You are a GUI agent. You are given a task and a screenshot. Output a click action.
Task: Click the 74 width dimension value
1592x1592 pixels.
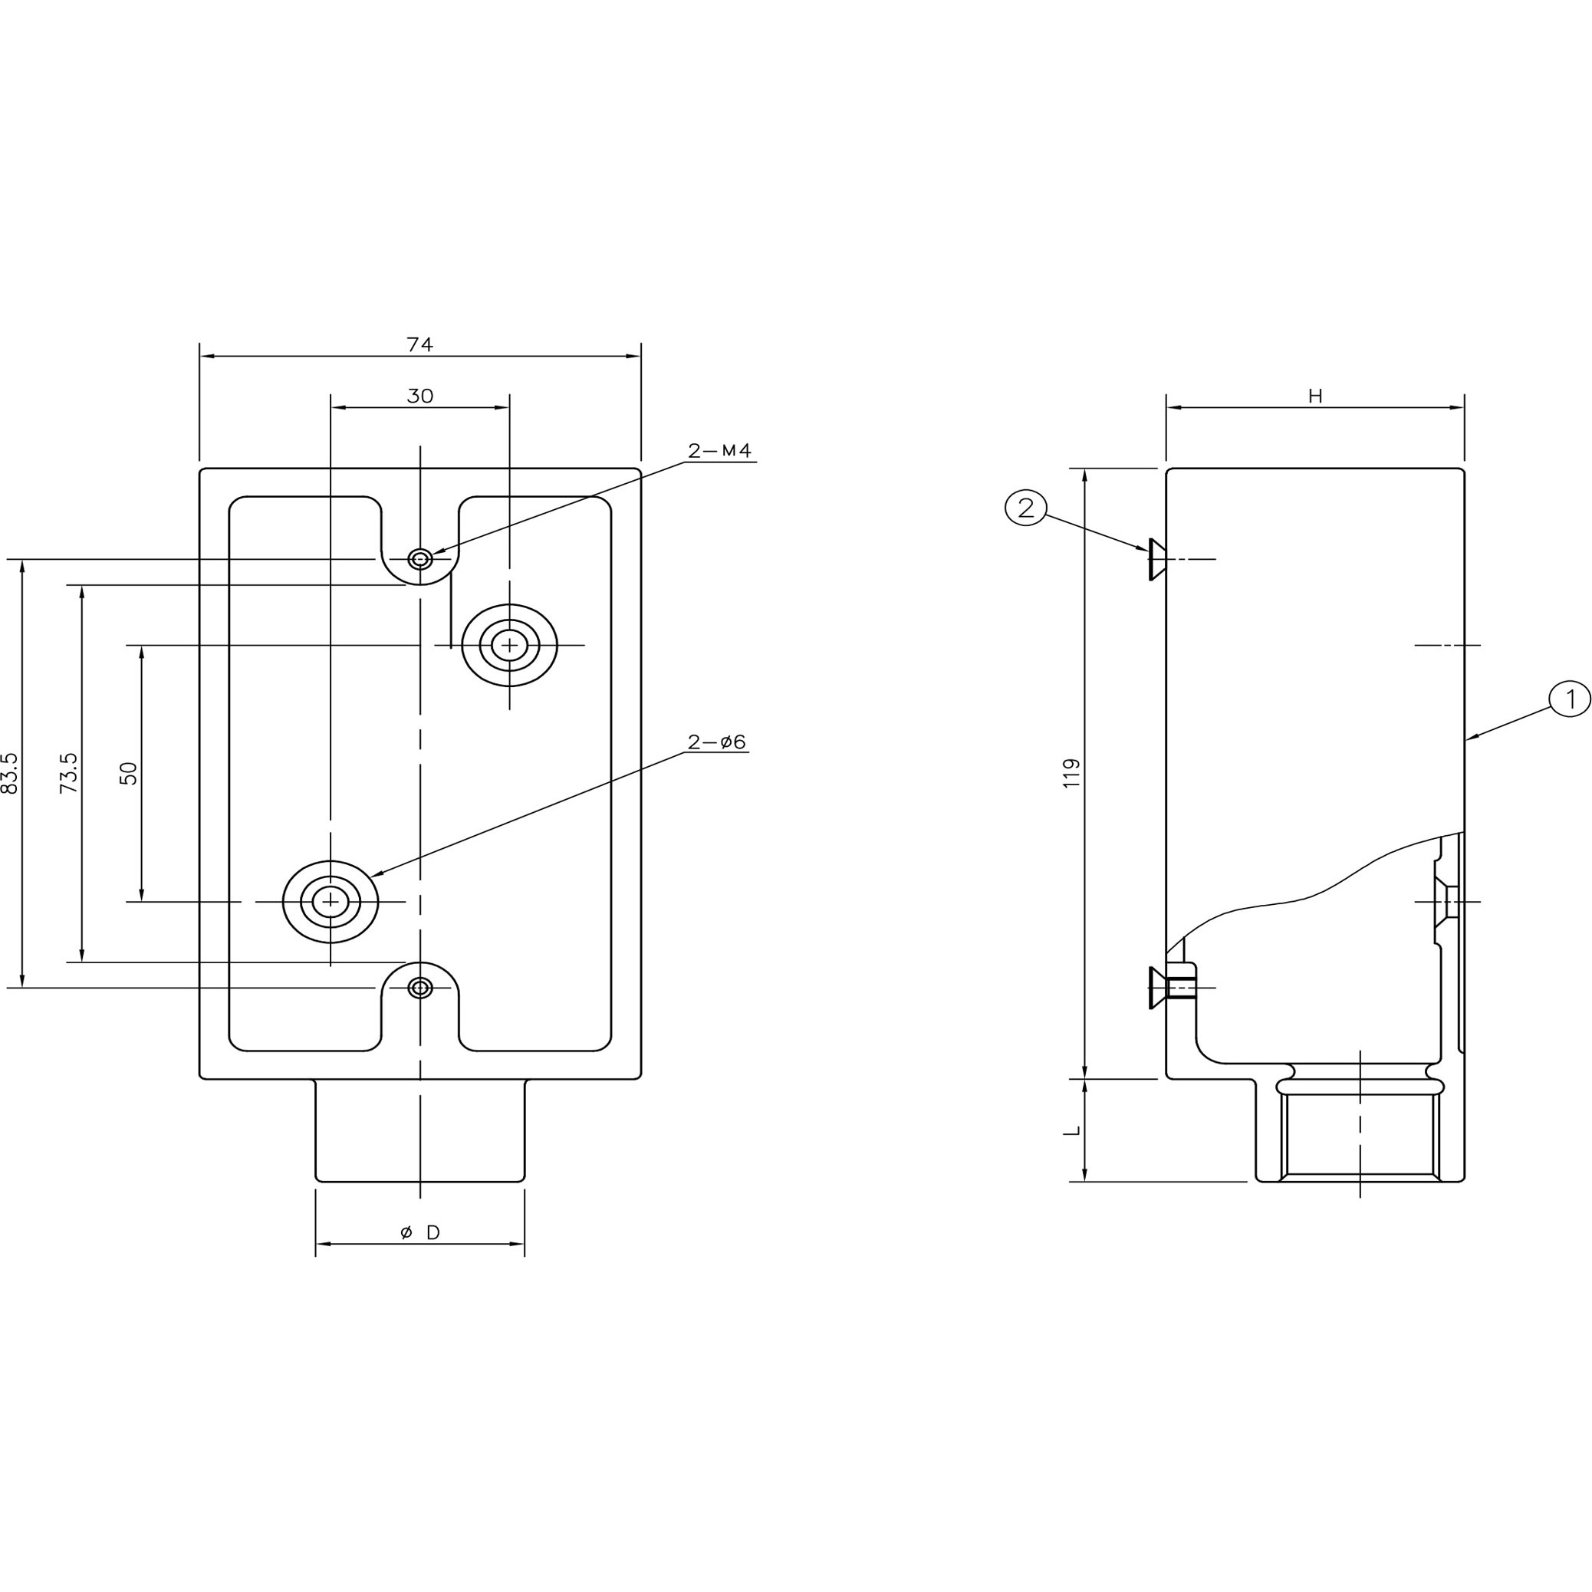pyautogui.click(x=419, y=344)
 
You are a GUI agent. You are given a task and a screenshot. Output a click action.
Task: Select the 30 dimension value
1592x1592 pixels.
pyautogui.click(x=419, y=396)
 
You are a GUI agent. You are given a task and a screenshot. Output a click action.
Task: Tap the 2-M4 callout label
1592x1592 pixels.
pyautogui.click(x=719, y=451)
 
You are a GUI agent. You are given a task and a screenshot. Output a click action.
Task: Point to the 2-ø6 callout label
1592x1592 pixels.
pyautogui.click(x=716, y=742)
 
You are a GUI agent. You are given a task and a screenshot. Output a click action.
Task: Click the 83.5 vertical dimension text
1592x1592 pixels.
pyautogui.click(x=10, y=772)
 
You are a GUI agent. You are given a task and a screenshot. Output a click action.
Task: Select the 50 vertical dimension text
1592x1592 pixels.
pyautogui.click(x=129, y=773)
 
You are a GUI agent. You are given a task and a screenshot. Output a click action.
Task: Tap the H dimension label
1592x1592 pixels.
pyautogui.click(x=1315, y=396)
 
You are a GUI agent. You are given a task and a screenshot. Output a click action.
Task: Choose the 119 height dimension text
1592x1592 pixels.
pyautogui.click(x=1071, y=773)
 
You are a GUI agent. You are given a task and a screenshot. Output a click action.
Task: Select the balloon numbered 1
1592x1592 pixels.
pyautogui.click(x=1570, y=699)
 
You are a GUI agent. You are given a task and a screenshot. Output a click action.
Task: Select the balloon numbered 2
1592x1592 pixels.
pyautogui.click(x=1025, y=508)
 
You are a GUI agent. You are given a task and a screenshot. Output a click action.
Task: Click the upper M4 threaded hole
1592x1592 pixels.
pyautogui.click(x=420, y=560)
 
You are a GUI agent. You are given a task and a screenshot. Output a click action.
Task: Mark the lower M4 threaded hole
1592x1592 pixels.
pyautogui.click(x=420, y=987)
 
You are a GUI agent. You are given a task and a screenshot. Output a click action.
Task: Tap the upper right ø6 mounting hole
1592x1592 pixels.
pyautogui.click(x=509, y=644)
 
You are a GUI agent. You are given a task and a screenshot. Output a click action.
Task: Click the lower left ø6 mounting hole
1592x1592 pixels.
pyautogui.click(x=331, y=902)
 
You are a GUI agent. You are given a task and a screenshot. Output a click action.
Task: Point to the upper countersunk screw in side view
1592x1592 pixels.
pyautogui.click(x=1157, y=560)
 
